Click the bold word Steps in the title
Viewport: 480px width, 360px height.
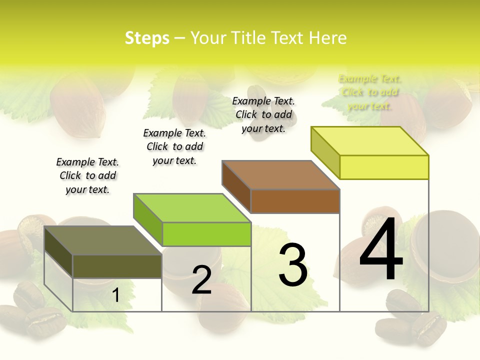(x=147, y=38)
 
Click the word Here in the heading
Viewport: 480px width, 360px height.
(x=327, y=38)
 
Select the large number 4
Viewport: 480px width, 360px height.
(x=381, y=250)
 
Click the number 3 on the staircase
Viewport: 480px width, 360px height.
(x=293, y=265)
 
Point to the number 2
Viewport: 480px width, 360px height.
(x=201, y=280)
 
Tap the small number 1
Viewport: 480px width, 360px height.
(x=116, y=295)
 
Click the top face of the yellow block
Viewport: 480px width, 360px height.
(x=370, y=141)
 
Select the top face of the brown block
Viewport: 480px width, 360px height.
(x=281, y=175)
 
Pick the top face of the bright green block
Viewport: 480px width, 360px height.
(x=192, y=208)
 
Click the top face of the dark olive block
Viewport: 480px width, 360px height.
(x=103, y=240)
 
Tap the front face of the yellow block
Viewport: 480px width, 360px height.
(x=384, y=167)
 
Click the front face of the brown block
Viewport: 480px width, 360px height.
(x=295, y=201)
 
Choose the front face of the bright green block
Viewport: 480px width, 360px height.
(x=206, y=234)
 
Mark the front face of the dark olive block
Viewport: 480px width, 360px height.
(x=117, y=266)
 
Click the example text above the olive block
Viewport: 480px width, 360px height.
(x=87, y=175)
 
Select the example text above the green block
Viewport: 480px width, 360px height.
(x=174, y=146)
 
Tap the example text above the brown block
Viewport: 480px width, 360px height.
(x=263, y=114)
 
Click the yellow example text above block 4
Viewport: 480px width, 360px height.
(x=369, y=92)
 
